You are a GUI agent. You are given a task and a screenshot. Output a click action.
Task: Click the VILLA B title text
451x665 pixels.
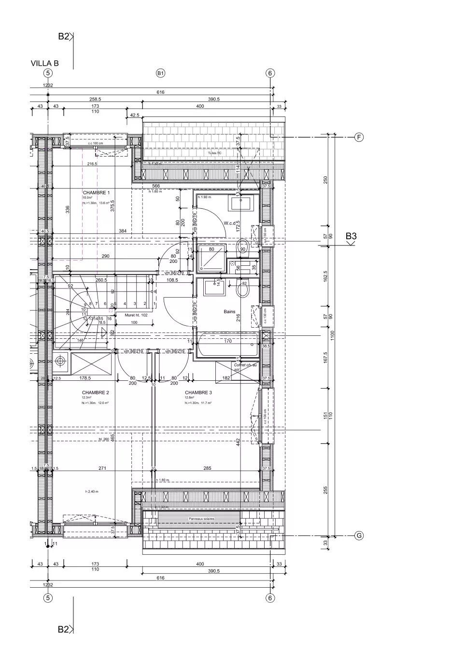(x=45, y=63)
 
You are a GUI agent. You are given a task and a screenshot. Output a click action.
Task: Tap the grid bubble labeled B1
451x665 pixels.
(x=161, y=73)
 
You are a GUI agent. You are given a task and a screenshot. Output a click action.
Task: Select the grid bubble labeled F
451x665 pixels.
(x=359, y=137)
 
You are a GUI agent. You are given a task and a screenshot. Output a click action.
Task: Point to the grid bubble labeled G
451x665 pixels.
(x=359, y=535)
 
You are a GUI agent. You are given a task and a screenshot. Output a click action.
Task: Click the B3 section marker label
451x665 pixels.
(x=351, y=236)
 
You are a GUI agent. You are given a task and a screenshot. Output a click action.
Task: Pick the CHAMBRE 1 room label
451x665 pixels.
(x=96, y=193)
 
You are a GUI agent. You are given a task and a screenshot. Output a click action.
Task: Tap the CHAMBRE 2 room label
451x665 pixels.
(x=95, y=392)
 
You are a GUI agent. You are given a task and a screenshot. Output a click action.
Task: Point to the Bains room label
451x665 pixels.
(x=229, y=312)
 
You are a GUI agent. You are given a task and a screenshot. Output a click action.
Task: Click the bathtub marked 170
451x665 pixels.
(x=228, y=346)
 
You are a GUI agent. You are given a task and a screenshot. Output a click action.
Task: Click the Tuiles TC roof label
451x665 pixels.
(x=215, y=153)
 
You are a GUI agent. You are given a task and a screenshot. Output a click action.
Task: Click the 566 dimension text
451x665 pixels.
(x=155, y=186)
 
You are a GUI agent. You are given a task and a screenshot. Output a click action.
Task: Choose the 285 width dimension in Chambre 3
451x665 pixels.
(x=207, y=468)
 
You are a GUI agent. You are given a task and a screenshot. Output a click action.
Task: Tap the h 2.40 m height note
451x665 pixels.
(x=92, y=492)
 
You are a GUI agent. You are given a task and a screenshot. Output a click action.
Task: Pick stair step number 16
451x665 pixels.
(x=110, y=318)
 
